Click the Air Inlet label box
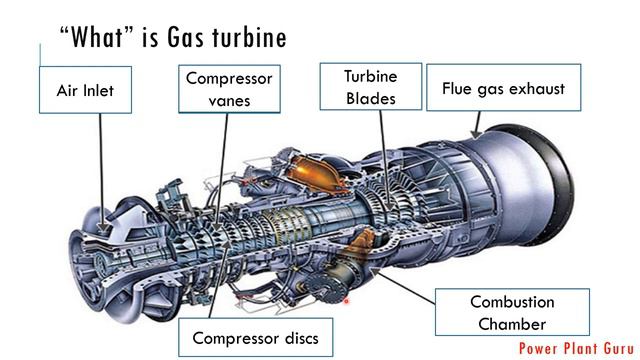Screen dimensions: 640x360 [86, 90]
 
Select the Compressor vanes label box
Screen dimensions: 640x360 [228, 88]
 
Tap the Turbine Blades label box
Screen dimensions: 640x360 [370, 86]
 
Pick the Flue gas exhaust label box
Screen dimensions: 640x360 [503, 88]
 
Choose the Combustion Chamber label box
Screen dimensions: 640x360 [512, 312]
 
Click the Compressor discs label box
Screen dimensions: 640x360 [255, 338]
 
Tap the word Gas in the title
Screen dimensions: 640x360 [187, 37]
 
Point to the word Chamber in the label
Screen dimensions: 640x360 [512, 324]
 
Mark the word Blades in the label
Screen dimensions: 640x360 [370, 98]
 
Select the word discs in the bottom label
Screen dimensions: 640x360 [296, 338]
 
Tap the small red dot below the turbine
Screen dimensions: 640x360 [346, 299]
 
